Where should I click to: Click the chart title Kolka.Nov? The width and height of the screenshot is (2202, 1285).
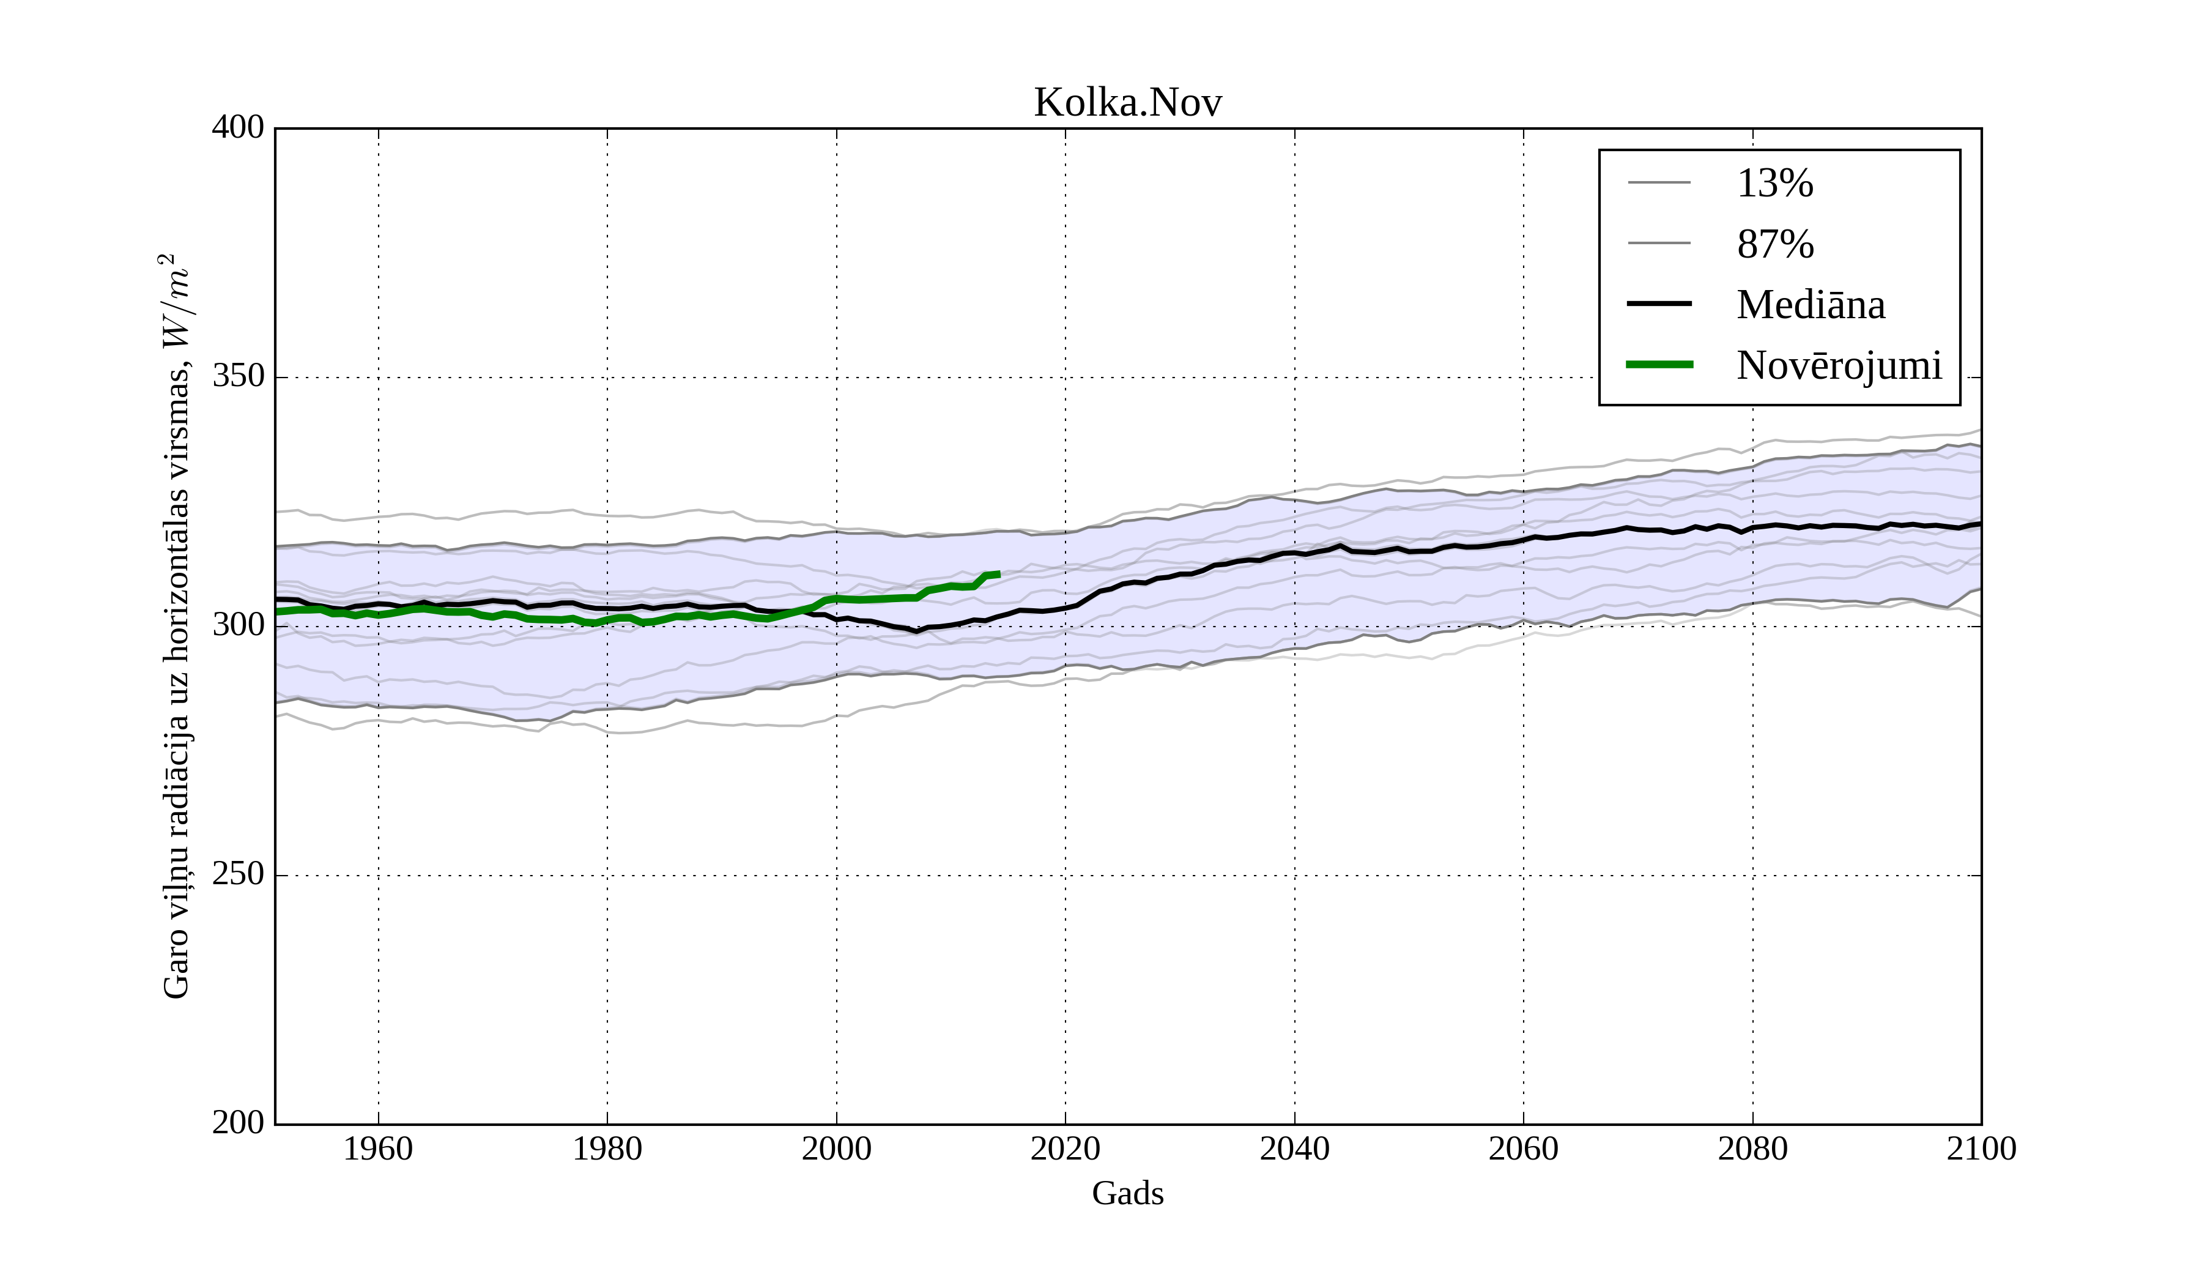pyautogui.click(x=1127, y=103)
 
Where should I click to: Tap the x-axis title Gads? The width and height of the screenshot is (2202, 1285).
pyautogui.click(x=1127, y=1193)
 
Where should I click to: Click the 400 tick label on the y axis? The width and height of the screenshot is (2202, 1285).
pyautogui.click(x=238, y=128)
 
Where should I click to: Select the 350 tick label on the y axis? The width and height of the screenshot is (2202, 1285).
pyautogui.click(x=238, y=377)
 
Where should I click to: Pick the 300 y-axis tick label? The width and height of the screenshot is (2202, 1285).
pyautogui.click(x=238, y=626)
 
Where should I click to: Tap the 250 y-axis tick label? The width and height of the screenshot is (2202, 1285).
pyautogui.click(x=238, y=874)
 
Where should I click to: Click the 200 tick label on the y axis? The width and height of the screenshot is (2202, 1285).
pyautogui.click(x=238, y=1123)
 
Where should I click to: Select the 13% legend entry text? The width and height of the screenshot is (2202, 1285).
pyautogui.click(x=1774, y=184)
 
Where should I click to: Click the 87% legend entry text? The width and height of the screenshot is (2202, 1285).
pyautogui.click(x=1774, y=244)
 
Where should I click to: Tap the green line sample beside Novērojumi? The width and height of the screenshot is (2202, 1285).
pyautogui.click(x=1659, y=365)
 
